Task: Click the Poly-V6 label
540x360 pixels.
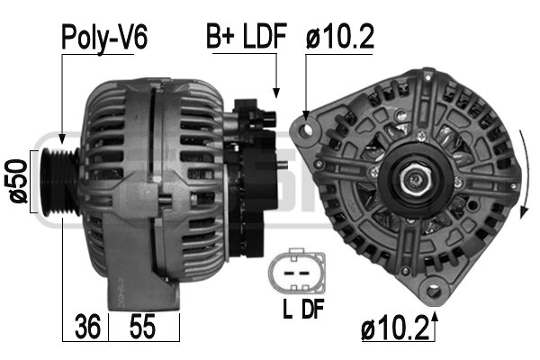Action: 103,37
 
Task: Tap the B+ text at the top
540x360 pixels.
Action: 222,37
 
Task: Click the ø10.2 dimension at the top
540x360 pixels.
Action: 339,37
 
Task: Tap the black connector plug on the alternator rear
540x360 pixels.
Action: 256,121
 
